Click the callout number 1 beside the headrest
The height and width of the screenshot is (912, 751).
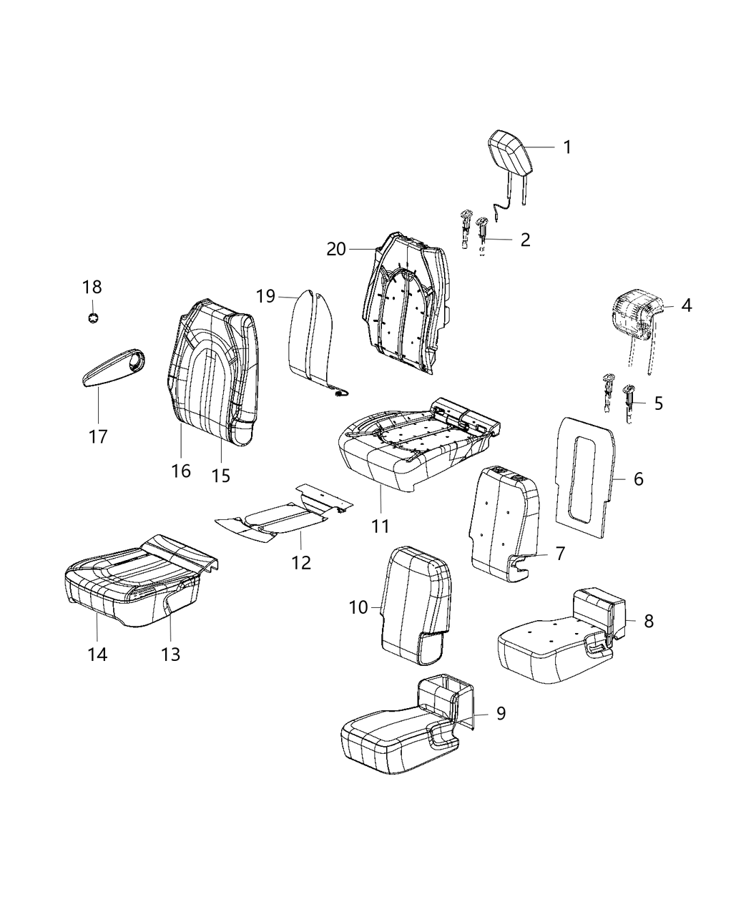pos(566,147)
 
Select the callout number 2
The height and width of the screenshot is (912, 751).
pos(525,240)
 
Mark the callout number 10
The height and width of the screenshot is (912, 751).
pos(358,607)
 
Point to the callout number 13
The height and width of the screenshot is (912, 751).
pos(171,654)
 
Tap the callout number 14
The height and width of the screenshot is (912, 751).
pos(97,654)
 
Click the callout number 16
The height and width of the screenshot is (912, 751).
pos(181,471)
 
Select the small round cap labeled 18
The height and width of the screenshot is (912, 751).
pos(92,318)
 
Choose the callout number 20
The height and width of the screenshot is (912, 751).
pos(336,250)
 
